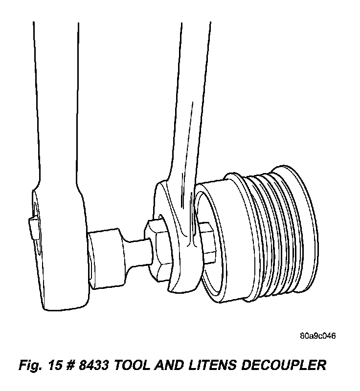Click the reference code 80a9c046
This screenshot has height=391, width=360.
click(x=318, y=336)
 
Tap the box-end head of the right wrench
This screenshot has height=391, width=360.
click(x=176, y=239)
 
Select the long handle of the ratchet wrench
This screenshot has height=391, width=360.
click(x=54, y=98)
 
